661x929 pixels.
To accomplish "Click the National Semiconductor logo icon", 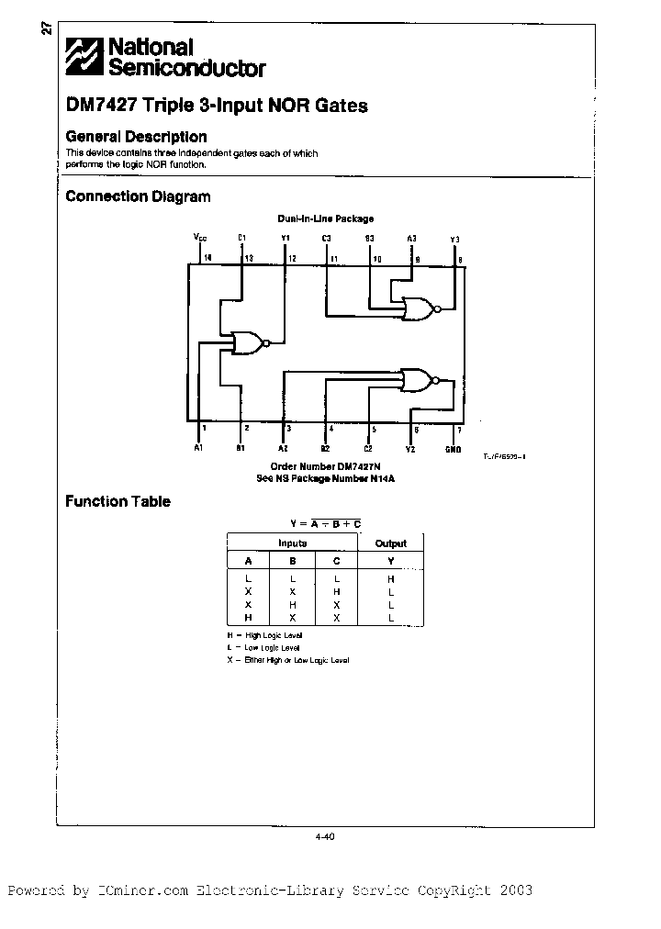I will click(x=84, y=57).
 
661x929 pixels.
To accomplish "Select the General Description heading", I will click(x=136, y=137).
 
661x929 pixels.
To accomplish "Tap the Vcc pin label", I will click(x=200, y=238).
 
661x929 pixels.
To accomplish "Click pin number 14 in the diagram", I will click(x=207, y=258).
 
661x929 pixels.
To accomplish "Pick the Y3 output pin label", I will click(x=454, y=239).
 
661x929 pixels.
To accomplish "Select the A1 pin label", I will click(x=198, y=448).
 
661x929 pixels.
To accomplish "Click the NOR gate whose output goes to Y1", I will click(x=248, y=343).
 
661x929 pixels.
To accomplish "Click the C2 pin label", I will click(x=368, y=448).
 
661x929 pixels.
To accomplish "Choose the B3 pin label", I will click(x=369, y=239).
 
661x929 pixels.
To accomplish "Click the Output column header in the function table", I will click(x=390, y=543).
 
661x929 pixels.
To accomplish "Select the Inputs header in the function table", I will click(x=292, y=543).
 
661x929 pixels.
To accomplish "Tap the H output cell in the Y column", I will click(x=390, y=579).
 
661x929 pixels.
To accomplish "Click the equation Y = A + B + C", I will click(x=325, y=523).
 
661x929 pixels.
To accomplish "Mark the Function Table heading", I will click(x=118, y=501).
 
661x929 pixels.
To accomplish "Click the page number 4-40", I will click(x=325, y=835).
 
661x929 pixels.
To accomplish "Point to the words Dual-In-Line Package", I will click(x=325, y=218).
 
